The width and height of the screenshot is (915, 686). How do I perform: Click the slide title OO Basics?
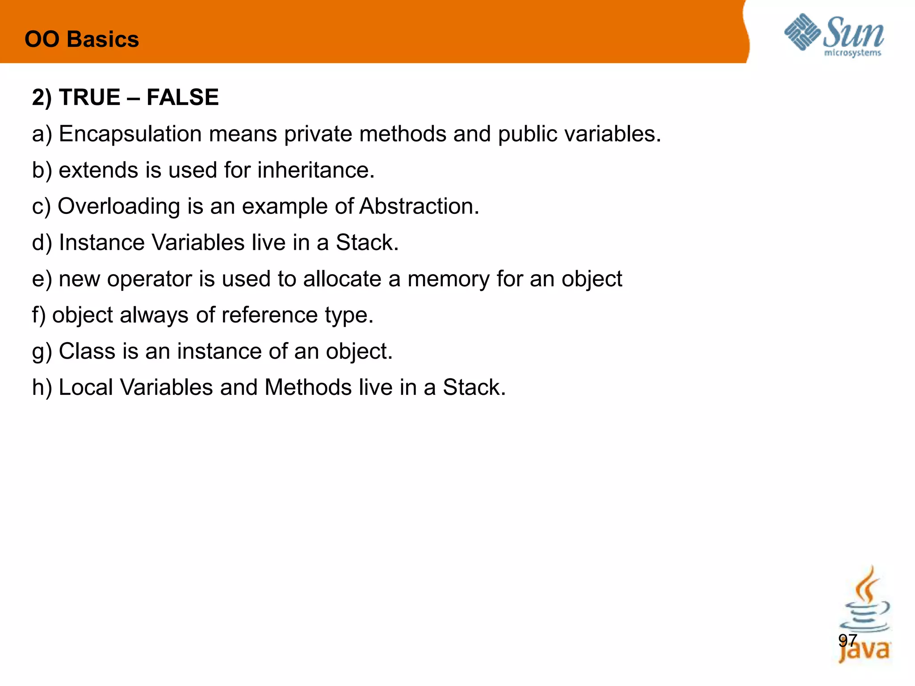pos(82,39)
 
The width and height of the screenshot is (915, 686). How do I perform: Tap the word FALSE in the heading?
pos(182,97)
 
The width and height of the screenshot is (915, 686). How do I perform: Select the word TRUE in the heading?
pos(89,97)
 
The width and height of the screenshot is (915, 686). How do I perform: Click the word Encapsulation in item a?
pos(130,134)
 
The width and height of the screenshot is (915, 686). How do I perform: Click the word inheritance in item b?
pos(316,170)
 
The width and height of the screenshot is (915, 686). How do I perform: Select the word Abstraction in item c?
pos(419,206)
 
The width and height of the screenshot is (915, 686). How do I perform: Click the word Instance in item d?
pos(101,243)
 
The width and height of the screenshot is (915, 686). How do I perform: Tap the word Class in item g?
pos(87,351)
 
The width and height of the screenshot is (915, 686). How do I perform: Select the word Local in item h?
pos(86,387)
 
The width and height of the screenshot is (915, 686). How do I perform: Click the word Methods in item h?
pos(308,387)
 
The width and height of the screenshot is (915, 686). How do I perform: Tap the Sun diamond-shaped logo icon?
pos(802,32)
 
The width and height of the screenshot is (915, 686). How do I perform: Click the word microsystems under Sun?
pos(852,53)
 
